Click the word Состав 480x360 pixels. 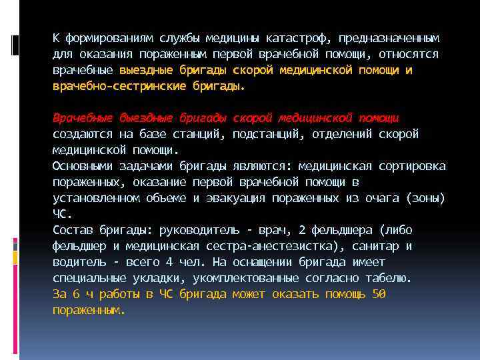point(73,230)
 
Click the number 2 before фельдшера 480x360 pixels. point(302,230)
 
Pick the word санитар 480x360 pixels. point(379,246)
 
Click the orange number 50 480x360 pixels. point(379,294)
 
